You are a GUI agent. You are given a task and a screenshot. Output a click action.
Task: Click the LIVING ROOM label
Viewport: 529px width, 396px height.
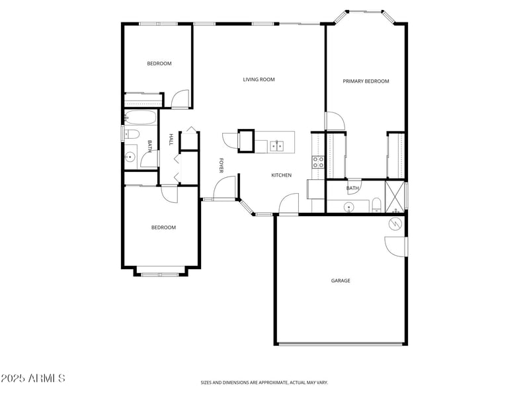click(259, 79)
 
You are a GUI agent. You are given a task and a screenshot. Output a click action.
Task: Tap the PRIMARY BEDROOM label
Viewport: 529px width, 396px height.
click(366, 81)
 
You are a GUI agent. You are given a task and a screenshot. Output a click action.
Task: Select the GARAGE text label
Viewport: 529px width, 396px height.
click(341, 280)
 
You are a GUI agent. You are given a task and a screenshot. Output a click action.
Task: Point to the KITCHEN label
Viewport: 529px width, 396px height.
click(281, 175)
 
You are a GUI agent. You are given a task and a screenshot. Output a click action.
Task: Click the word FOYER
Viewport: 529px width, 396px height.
click(222, 165)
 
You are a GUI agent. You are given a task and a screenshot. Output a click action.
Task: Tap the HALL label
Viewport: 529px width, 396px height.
click(171, 139)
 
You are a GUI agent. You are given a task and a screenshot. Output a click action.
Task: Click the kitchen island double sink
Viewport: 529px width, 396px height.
click(276, 145)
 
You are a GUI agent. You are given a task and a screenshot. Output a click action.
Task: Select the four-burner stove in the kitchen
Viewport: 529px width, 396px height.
click(317, 163)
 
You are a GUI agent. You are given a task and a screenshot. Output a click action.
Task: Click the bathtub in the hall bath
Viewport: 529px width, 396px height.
click(140, 118)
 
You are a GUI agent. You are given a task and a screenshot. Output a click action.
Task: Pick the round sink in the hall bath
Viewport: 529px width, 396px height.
click(130, 157)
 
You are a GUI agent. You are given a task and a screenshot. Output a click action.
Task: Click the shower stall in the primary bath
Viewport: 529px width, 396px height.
click(395, 196)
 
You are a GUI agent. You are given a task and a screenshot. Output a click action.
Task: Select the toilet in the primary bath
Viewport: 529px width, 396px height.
click(376, 204)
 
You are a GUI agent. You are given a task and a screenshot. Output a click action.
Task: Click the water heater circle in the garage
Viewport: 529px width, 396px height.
click(395, 224)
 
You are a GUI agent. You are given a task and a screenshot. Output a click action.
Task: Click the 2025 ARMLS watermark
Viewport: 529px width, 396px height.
click(32, 378)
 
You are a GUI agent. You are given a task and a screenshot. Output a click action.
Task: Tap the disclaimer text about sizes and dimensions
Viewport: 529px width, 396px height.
click(264, 382)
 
